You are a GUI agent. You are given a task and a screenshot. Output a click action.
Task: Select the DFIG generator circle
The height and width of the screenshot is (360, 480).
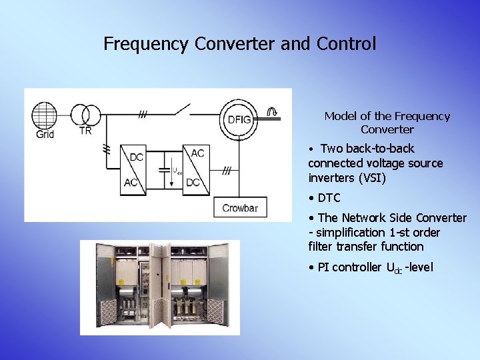(239, 120)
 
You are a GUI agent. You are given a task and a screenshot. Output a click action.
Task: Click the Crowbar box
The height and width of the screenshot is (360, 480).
(239, 208)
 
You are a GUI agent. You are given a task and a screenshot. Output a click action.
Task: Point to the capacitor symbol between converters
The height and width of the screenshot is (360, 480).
(164, 169)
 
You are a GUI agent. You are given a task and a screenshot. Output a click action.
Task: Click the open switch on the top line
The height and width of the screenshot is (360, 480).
(181, 108)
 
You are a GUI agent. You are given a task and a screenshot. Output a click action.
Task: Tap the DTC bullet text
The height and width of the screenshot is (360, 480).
(329, 198)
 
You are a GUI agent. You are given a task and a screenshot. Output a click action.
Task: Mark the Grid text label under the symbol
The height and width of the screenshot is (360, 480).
(45, 134)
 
